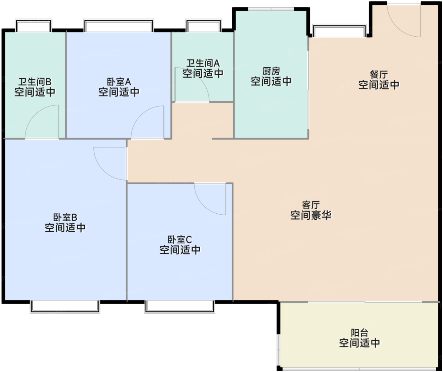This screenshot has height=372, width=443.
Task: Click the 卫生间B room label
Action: tap(35, 82)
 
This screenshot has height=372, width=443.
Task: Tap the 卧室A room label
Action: tap(119, 82)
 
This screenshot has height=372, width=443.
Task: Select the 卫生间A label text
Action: tap(203, 63)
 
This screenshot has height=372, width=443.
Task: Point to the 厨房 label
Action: tap(271, 71)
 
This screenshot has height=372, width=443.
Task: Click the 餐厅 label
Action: tap(379, 75)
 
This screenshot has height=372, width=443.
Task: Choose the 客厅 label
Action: tap(311, 205)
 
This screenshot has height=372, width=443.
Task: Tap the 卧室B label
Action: tap(65, 217)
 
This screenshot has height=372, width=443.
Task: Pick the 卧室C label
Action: tap(180, 240)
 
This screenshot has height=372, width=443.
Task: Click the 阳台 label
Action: tap(359, 332)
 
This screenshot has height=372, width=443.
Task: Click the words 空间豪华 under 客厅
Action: tap(311, 216)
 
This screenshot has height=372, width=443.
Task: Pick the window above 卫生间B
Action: tap(34, 26)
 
